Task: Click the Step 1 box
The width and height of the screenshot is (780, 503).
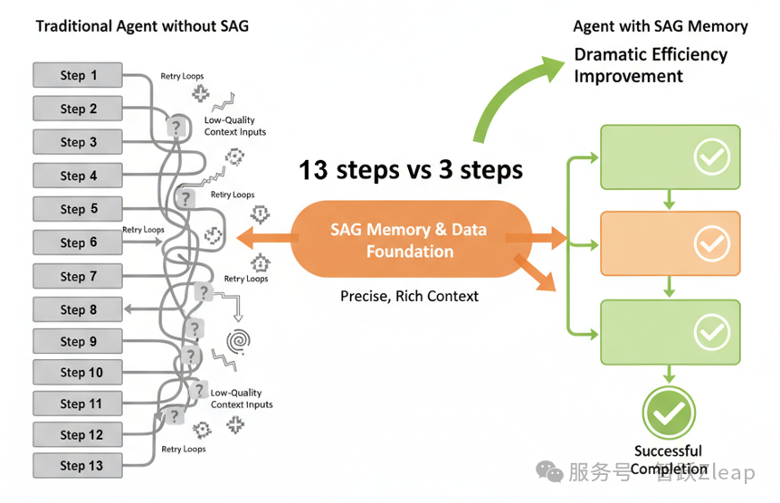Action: (78, 75)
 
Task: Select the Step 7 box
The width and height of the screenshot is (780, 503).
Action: (78, 276)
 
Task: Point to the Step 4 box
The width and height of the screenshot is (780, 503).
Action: (78, 176)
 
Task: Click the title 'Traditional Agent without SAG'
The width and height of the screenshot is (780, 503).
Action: (142, 26)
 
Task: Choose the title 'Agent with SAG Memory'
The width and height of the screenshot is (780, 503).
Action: (661, 26)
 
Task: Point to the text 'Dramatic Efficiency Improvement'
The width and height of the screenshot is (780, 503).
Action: (650, 65)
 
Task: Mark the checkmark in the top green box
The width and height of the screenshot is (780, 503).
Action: (711, 157)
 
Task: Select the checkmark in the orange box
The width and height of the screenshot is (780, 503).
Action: (711, 243)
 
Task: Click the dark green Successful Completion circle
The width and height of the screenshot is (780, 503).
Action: (669, 412)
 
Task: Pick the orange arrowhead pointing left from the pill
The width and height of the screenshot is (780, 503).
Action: (245, 238)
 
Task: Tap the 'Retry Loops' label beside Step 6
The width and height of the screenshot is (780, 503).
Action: (143, 230)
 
